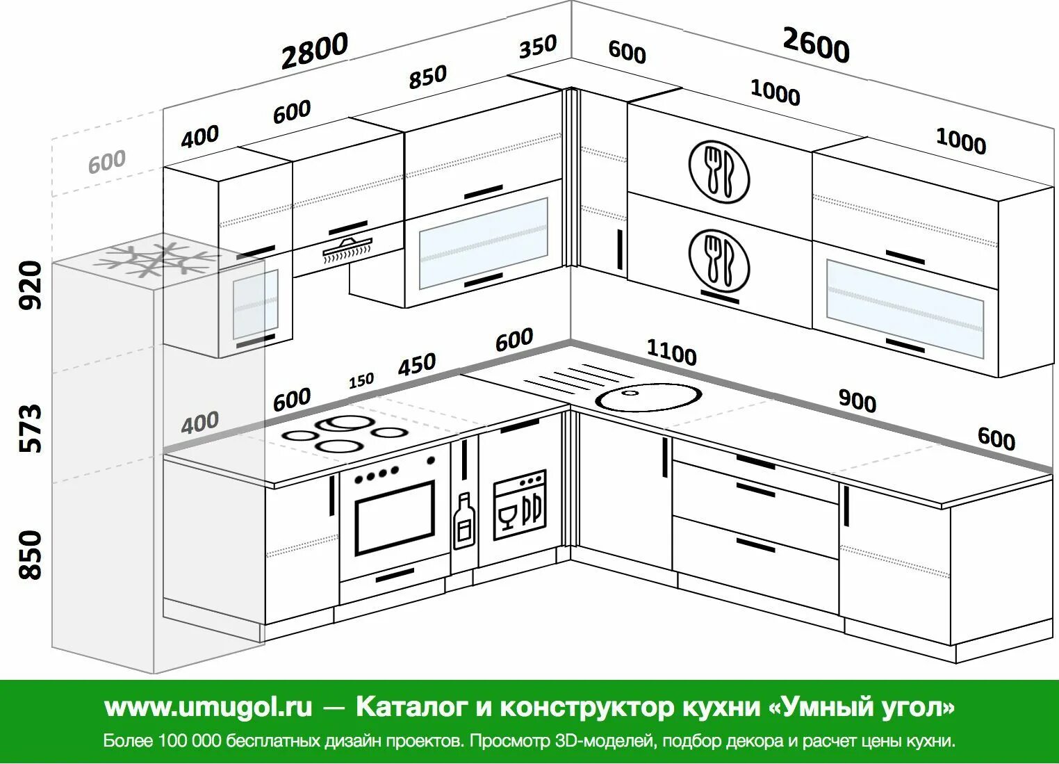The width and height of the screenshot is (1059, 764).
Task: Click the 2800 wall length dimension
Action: point(314,51)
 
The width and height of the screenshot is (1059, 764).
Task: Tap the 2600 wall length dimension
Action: point(816,45)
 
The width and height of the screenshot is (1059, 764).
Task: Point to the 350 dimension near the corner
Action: point(538,47)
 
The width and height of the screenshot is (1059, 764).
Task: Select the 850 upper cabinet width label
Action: point(427,77)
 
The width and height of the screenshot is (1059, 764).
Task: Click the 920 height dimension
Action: point(31,284)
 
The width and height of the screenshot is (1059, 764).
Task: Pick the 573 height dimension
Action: point(31,427)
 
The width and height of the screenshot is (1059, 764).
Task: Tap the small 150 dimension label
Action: point(361,380)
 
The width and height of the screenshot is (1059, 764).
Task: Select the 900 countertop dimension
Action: point(857,400)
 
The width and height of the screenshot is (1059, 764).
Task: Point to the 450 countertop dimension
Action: point(417,364)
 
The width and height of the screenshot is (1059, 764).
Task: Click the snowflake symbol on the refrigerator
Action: point(155,261)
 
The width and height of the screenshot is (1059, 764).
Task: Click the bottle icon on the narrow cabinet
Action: point(463,521)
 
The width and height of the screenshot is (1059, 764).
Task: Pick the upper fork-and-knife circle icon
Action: point(719,171)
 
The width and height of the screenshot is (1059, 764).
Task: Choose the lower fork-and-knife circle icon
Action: point(719,259)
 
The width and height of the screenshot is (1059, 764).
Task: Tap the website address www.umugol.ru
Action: point(208,707)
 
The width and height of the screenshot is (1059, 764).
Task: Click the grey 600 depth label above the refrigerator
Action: point(107,162)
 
